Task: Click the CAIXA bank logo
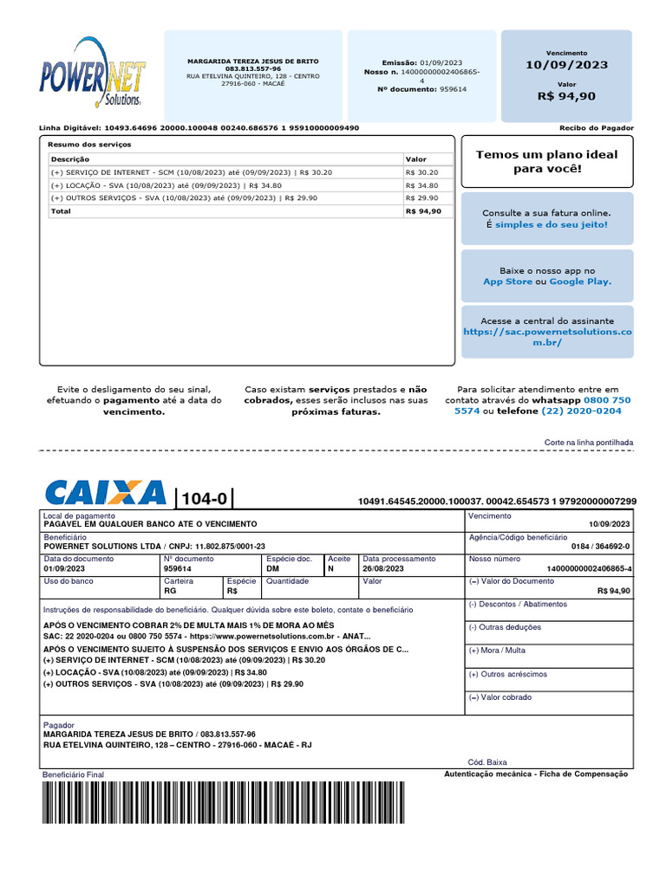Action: tap(105, 493)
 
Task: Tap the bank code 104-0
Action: tap(204, 499)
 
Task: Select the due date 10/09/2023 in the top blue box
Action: tap(566, 65)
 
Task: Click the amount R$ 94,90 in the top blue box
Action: tap(566, 96)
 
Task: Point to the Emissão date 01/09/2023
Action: tap(441, 62)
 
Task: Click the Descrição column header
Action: tap(69, 159)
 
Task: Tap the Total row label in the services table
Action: tap(61, 210)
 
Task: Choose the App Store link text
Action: tap(507, 282)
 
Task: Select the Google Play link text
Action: tap(580, 282)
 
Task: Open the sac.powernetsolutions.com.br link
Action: tap(547, 337)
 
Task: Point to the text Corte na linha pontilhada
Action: tap(588, 443)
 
